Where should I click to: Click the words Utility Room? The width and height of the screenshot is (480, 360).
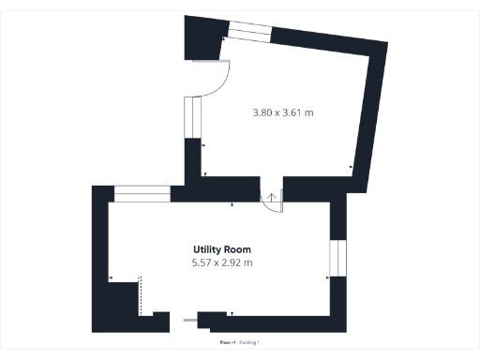coord(221,249)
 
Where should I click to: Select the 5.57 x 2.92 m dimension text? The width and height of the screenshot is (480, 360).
coord(221,262)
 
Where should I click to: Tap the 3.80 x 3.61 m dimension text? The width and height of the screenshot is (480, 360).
coord(282,113)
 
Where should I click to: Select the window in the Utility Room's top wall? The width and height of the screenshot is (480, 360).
coord(142,194)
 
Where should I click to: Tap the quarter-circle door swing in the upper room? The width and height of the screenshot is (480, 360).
coord(214,81)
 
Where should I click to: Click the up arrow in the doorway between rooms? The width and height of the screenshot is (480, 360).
coord(272,197)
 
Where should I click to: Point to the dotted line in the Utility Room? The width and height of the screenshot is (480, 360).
coord(140,295)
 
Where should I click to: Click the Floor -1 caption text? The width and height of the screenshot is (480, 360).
coord(226,345)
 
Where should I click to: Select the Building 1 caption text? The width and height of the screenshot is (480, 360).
coord(248,345)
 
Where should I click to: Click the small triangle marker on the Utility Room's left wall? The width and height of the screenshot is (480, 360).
coord(111,278)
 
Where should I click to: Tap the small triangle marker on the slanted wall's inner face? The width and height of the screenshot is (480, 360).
coord(351,168)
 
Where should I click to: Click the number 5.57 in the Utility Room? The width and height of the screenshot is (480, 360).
coord(202,262)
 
